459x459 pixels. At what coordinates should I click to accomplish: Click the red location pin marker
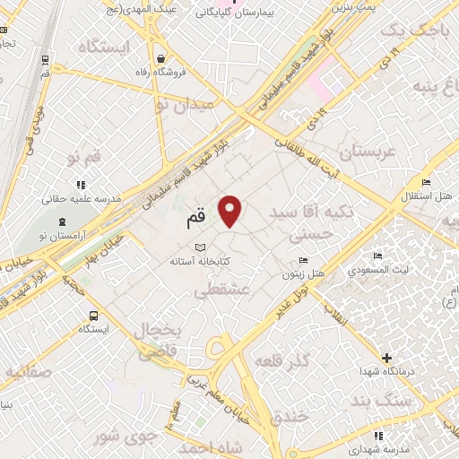pos(231,210)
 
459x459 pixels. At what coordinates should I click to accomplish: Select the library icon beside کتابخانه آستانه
pos(200,248)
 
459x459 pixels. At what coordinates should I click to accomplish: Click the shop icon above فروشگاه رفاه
pos(159,58)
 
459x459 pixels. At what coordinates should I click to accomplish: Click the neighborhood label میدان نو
pos(186,106)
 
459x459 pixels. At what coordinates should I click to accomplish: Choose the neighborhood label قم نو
pos(84,158)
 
